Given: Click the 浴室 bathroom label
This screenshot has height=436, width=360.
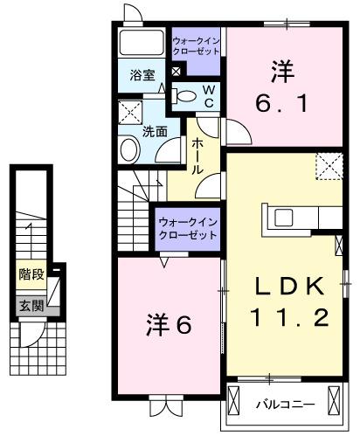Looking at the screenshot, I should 142,75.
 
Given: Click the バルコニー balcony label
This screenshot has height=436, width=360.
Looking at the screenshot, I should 285,405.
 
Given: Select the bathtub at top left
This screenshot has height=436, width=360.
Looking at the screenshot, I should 142,44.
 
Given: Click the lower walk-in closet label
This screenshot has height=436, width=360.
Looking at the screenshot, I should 187,229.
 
